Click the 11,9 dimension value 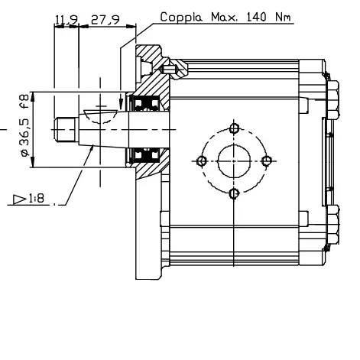[x=66, y=20]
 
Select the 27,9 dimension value [x=105, y=20]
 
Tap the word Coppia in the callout [x=181, y=18]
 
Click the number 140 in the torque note [x=257, y=17]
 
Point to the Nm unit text [x=283, y=17]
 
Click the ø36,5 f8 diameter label [x=25, y=125]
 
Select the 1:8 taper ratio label [x=37, y=198]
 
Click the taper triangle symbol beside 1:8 [x=20, y=199]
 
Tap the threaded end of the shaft [x=66, y=129]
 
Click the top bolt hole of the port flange [x=234, y=128]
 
